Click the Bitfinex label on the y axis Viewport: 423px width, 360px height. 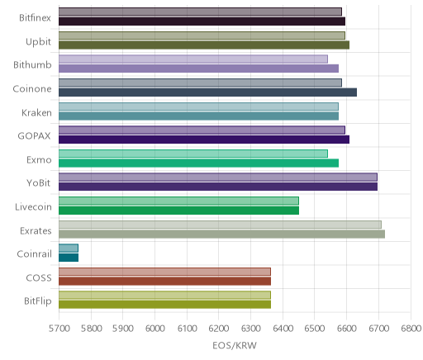(35, 18)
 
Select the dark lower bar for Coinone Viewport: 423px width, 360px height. (207, 92)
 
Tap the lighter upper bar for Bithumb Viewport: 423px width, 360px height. (193, 59)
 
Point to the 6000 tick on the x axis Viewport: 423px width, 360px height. (154, 329)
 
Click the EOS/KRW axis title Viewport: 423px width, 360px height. (235, 345)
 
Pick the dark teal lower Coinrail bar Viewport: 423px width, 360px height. (69, 258)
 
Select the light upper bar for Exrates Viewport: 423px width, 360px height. (220, 225)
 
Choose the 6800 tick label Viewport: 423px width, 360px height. (411, 329)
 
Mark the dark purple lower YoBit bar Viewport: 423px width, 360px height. (218, 187)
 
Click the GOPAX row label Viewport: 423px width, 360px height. (35, 136)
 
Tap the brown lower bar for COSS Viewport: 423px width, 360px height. (164, 281)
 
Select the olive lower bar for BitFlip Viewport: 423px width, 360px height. (164, 305)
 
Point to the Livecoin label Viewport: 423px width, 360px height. (33, 207)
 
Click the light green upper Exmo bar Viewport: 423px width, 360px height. (193, 154)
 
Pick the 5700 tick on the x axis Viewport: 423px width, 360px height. (59, 329)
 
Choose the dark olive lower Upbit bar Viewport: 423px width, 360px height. (204, 45)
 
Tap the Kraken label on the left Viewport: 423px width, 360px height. (36, 113)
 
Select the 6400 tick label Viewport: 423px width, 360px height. (283, 329)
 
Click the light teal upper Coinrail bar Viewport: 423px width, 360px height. (69, 249)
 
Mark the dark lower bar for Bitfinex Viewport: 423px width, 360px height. (202, 21)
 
